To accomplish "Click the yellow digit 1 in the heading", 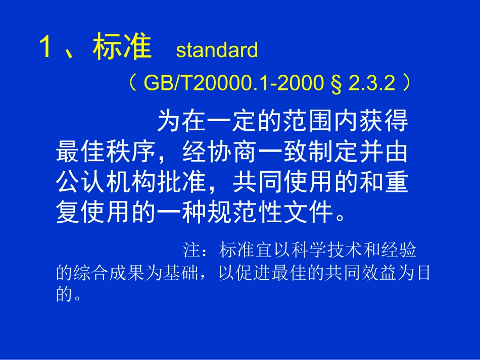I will (46, 48).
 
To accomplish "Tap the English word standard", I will (217, 50).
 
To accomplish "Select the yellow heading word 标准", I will (122, 48).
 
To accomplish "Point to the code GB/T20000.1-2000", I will (233, 83).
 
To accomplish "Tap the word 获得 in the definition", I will (383, 122).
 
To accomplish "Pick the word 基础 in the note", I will (185, 273).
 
